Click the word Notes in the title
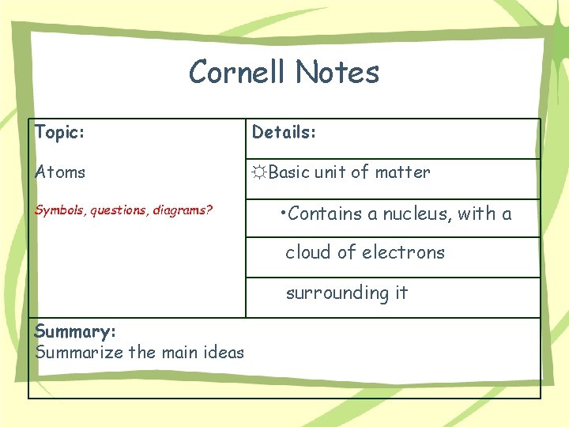pos(337,73)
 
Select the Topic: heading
pos(59,132)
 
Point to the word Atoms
pos(60,172)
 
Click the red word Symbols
pos(61,211)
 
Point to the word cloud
pos(308,252)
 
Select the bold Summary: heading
pos(75,332)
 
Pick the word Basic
pos(288,172)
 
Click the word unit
pos(330,172)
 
